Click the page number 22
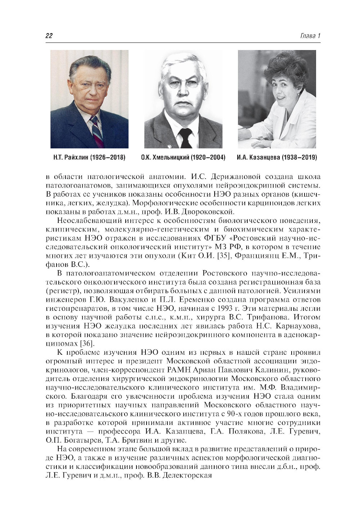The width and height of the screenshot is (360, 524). pos(49,36)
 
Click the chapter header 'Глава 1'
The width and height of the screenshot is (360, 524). pos(310,36)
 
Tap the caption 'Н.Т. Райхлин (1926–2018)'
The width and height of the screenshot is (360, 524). pos(89,157)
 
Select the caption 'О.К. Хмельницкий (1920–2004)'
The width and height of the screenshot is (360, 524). pos(183,157)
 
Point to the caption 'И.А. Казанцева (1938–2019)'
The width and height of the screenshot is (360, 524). pos(277,157)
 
